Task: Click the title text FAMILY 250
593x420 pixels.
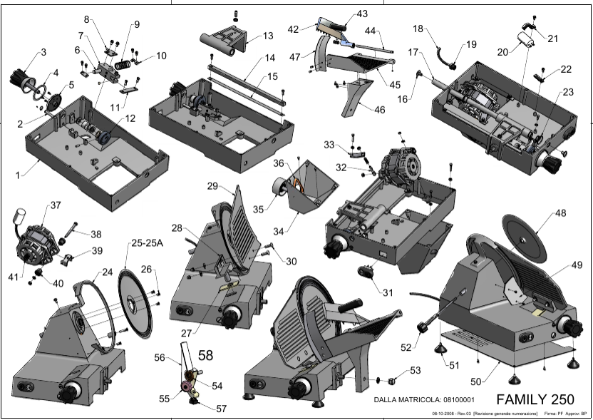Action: [x=535, y=399]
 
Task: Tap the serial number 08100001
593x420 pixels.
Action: [x=459, y=399]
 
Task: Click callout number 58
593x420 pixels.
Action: [x=205, y=355]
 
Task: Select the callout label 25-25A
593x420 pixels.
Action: [x=147, y=243]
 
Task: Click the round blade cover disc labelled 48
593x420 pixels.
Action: [x=524, y=240]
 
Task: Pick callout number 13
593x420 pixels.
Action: [x=268, y=36]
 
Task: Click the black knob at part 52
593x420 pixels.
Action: [x=422, y=327]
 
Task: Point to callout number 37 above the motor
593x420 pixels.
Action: [x=55, y=205]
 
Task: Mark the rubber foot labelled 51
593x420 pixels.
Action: [x=440, y=348]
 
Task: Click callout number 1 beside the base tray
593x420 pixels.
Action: [x=17, y=175]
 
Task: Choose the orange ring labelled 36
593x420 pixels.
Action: [x=298, y=185]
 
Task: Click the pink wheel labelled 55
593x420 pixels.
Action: [x=186, y=386]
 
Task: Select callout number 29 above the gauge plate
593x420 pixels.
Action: [x=212, y=186]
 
